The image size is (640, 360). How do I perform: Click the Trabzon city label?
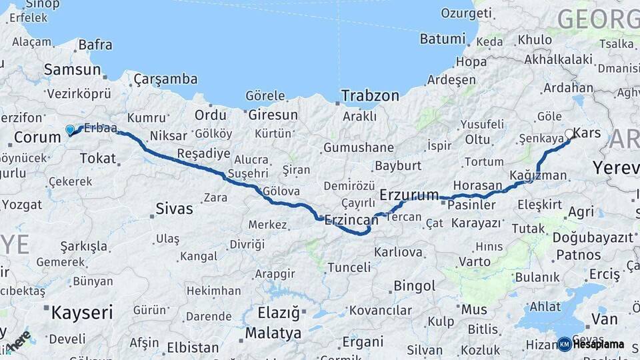click(x=370, y=96)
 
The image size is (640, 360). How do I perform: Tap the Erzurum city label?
click(x=409, y=195)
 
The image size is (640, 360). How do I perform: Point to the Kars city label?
click(x=587, y=133)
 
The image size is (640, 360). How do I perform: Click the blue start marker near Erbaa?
click(x=70, y=130)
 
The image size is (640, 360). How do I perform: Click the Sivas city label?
click(x=174, y=209)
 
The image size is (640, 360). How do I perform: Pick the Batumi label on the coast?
click(x=442, y=39)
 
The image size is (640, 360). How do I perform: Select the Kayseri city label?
click(x=82, y=311)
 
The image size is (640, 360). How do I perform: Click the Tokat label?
click(x=97, y=158)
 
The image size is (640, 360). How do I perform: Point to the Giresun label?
click(x=272, y=115)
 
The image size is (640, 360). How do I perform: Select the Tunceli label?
click(x=349, y=267)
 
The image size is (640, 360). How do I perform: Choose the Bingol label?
click(x=415, y=286)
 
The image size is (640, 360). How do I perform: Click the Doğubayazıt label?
click(x=593, y=237)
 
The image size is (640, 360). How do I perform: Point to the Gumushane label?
click(x=358, y=147)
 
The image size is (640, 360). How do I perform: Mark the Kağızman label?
click(x=537, y=175)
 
